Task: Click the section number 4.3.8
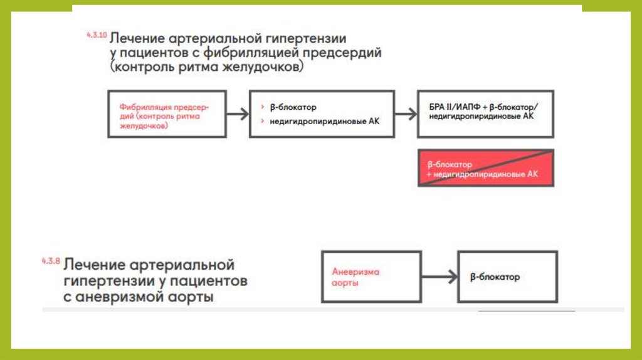tap(50, 261)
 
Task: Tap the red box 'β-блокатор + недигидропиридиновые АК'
tap(486, 168)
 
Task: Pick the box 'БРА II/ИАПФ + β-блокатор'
tap(486, 114)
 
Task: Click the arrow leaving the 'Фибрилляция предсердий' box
tap(238, 114)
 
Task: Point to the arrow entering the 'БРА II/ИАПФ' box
tap(406, 114)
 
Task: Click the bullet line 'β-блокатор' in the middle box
tap(293, 107)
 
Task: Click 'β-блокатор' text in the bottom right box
tap(495, 277)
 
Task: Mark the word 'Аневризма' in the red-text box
tap(355, 272)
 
